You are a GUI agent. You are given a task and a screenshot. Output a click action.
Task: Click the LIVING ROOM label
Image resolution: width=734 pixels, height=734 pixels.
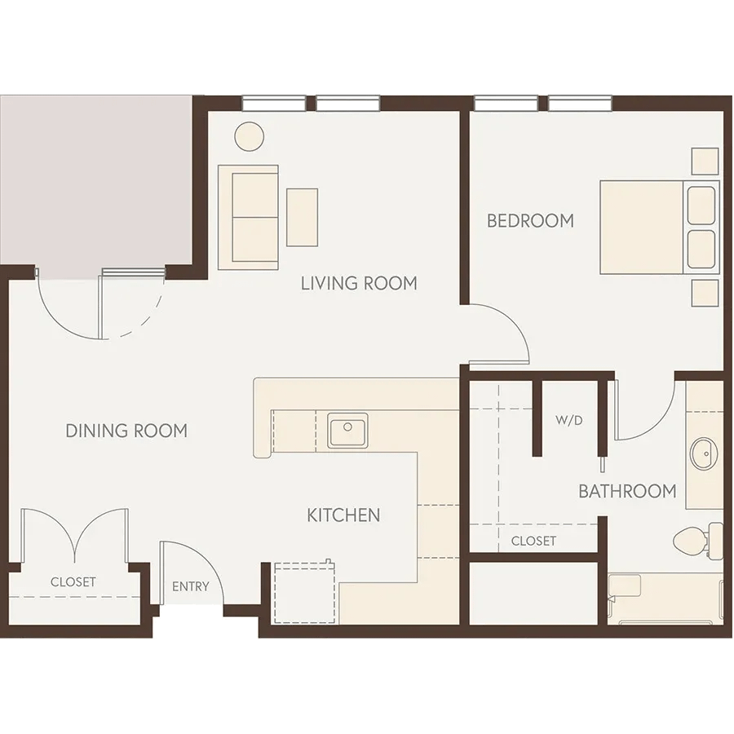pos(359,283)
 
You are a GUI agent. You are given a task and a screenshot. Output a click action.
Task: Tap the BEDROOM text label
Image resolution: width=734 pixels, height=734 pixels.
pos(530,220)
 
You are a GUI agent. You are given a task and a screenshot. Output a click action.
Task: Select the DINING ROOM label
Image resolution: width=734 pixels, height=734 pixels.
pos(126,431)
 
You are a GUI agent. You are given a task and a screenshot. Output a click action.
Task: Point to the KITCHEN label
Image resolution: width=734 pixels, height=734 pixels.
pos(343,515)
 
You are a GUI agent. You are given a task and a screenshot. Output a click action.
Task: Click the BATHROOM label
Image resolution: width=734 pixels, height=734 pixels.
pos(627,491)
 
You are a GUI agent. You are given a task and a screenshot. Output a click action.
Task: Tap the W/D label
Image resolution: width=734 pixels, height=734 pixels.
pos(569,420)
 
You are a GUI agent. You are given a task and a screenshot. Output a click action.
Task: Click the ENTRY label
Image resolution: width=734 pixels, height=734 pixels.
pos(191,586)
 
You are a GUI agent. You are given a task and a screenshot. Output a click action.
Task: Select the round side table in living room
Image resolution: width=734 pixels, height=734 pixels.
pos(249,136)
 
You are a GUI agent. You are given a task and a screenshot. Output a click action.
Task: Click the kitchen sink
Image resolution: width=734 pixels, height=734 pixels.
pos(347,430)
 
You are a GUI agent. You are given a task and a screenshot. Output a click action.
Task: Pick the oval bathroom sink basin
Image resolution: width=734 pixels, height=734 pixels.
pos(704,453)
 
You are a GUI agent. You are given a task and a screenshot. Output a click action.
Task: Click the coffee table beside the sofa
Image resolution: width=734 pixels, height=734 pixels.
pos(302,217)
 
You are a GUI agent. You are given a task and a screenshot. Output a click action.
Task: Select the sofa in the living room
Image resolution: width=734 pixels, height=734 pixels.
pos(248,217)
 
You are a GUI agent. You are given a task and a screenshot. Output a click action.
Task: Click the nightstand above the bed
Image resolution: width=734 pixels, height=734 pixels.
pos(705,161)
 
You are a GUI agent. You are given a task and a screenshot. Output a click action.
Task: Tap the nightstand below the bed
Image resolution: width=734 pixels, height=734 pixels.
pos(705,293)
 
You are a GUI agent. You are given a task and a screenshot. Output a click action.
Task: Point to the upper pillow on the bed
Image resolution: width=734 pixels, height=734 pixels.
pos(701,206)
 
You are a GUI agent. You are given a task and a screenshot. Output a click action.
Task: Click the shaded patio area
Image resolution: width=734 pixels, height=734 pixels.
pos(96,180)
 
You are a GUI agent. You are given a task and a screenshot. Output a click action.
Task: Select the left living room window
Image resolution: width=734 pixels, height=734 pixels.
pos(274,103)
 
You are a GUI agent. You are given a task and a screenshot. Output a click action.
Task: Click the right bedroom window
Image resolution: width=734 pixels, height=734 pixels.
pos(580,103)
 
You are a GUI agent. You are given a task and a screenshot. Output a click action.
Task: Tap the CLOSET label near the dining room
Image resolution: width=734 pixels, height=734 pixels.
pos(73,581)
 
